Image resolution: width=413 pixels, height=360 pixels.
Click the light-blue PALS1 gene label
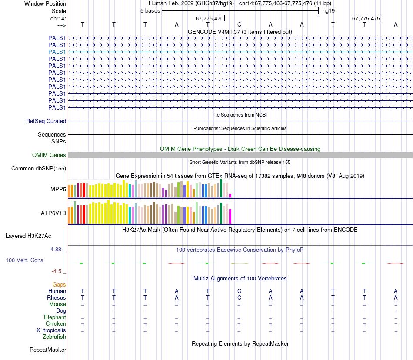pos(57,52)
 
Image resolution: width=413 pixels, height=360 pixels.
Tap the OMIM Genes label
pos(49,155)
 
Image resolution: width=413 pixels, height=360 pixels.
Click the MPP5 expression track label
pos(58,190)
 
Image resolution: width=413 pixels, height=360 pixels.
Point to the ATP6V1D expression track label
pos(53,213)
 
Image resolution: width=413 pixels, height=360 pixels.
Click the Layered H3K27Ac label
pos(28,237)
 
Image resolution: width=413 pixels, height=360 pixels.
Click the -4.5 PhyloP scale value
pos(57,271)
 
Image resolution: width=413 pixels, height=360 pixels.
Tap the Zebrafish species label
pos(54,337)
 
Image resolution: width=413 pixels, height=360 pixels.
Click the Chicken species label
pos(56,324)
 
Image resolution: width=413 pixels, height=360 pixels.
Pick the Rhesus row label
pos(57,298)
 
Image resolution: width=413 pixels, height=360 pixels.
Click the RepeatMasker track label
pos(48,350)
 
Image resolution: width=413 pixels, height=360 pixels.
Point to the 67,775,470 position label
pos(210,19)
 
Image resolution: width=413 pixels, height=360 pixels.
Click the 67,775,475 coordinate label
pos(366,19)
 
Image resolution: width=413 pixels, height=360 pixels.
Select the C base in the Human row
pos(239,291)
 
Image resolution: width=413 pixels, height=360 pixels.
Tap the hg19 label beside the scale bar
pos(328,10)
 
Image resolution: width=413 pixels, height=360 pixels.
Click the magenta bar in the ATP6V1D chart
pos(230,216)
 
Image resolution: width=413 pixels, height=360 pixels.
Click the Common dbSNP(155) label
pos(39,169)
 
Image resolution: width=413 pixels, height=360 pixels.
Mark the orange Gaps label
pos(59,284)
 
